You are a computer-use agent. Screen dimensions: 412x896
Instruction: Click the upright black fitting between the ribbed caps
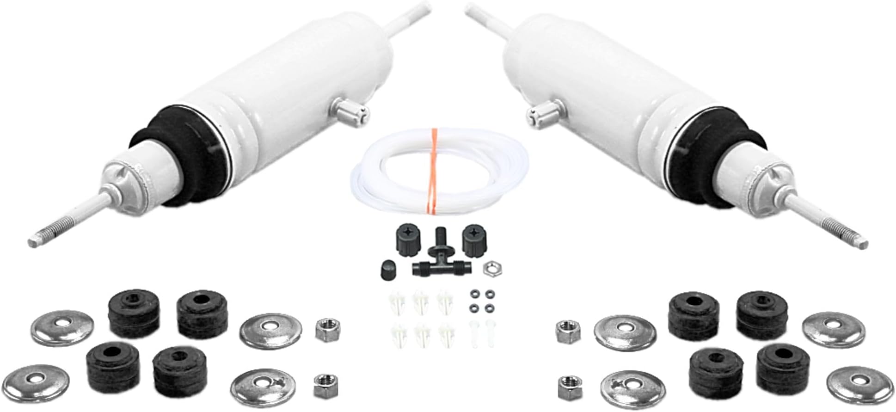(x=439, y=240)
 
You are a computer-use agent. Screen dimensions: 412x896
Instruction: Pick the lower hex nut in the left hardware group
(x=325, y=386)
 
